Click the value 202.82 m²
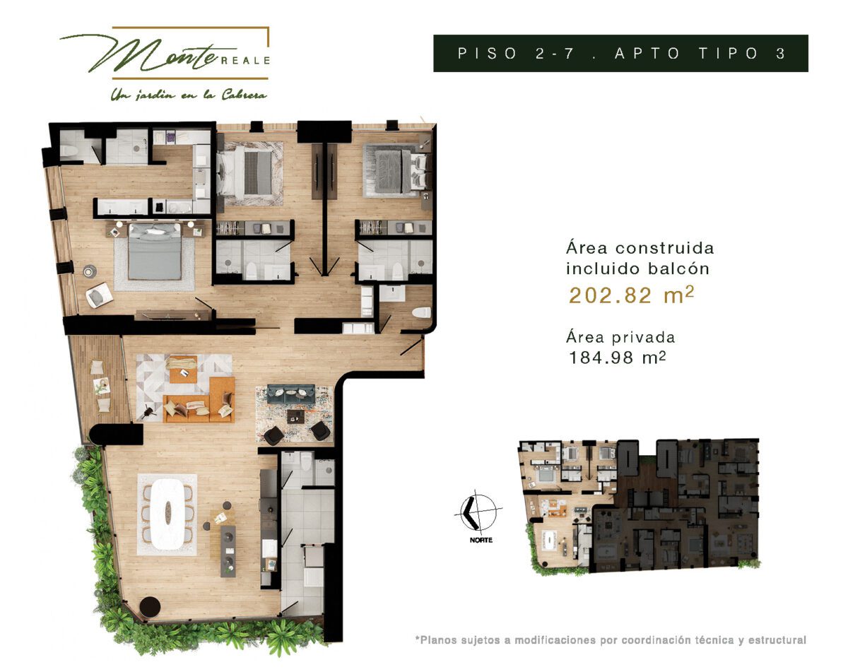(631, 295)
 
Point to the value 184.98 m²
(618, 358)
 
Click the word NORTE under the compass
(481, 540)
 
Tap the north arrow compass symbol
(477, 511)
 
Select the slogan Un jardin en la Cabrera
(189, 95)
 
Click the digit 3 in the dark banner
(781, 53)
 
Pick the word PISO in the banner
(487, 53)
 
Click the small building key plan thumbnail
(638, 507)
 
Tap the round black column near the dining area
(151, 607)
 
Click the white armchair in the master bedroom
(99, 295)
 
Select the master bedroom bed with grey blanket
(155, 252)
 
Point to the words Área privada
(620, 337)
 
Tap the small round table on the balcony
(102, 385)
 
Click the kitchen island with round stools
(228, 551)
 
